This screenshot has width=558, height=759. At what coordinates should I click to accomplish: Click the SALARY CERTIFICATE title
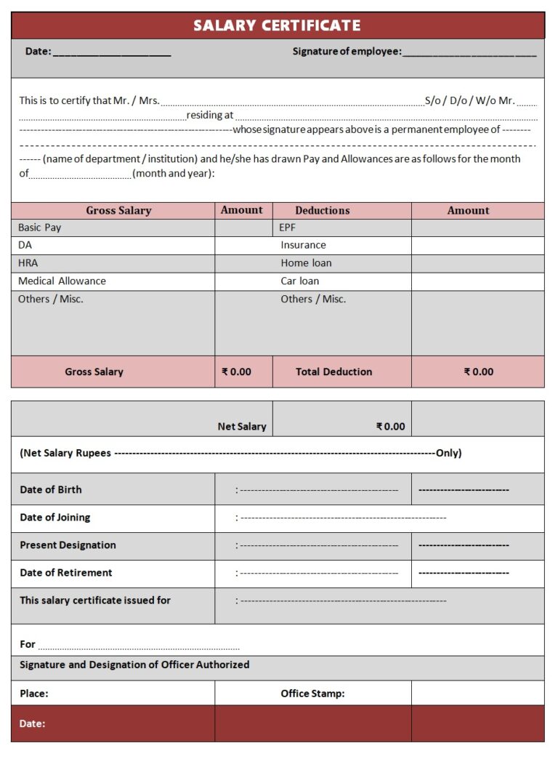[x=277, y=25]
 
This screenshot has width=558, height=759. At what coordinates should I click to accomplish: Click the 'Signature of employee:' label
[x=347, y=52]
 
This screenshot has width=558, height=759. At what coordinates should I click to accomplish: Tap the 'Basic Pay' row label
[x=40, y=228]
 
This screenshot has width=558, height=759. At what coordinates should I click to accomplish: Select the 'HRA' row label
[x=28, y=263]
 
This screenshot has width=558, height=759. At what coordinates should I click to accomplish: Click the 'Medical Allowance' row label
[x=62, y=281]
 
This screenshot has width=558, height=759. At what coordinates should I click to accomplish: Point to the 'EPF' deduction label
[x=287, y=228]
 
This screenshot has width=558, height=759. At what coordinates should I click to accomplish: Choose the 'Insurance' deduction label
[x=303, y=246]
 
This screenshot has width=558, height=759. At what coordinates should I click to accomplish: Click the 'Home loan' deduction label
[x=306, y=263]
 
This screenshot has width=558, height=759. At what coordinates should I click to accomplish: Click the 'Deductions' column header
[x=322, y=211]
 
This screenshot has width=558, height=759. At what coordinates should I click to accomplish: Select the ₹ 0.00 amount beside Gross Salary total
[x=236, y=372]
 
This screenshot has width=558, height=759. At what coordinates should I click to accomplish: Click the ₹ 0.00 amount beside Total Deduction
[x=478, y=372]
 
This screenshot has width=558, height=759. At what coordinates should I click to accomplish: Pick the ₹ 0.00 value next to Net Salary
[x=390, y=427]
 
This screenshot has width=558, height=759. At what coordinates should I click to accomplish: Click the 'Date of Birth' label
[x=51, y=490]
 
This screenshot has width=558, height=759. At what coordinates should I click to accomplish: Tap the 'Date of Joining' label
[x=55, y=518]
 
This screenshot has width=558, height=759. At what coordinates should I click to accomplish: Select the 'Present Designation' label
[x=68, y=545]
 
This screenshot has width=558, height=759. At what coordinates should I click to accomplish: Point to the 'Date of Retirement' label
[x=66, y=573]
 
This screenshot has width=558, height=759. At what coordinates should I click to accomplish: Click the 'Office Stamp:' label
[x=312, y=694]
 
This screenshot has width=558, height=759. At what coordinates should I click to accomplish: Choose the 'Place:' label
[x=34, y=694]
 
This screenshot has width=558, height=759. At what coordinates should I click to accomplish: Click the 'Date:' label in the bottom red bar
[x=33, y=723]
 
